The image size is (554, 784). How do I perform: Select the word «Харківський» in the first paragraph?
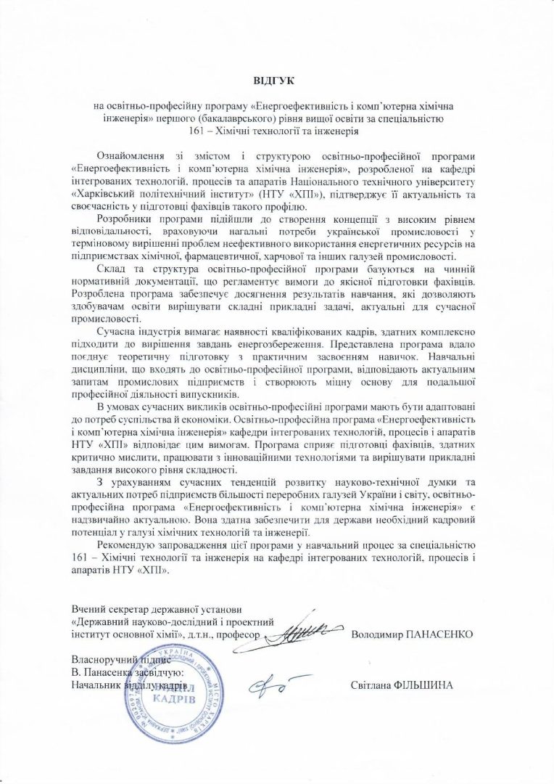102,195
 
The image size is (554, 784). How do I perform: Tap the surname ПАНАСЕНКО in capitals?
440,634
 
